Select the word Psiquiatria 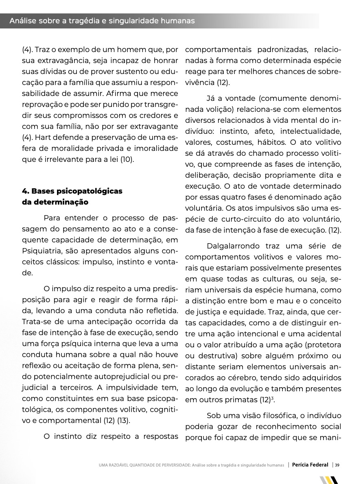[43, 251]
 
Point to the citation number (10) [126, 159]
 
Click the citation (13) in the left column [123, 421]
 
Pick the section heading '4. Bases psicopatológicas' [72, 191]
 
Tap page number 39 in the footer [337, 465]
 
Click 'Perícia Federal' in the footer [310, 465]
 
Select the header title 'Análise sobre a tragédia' [102, 21]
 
